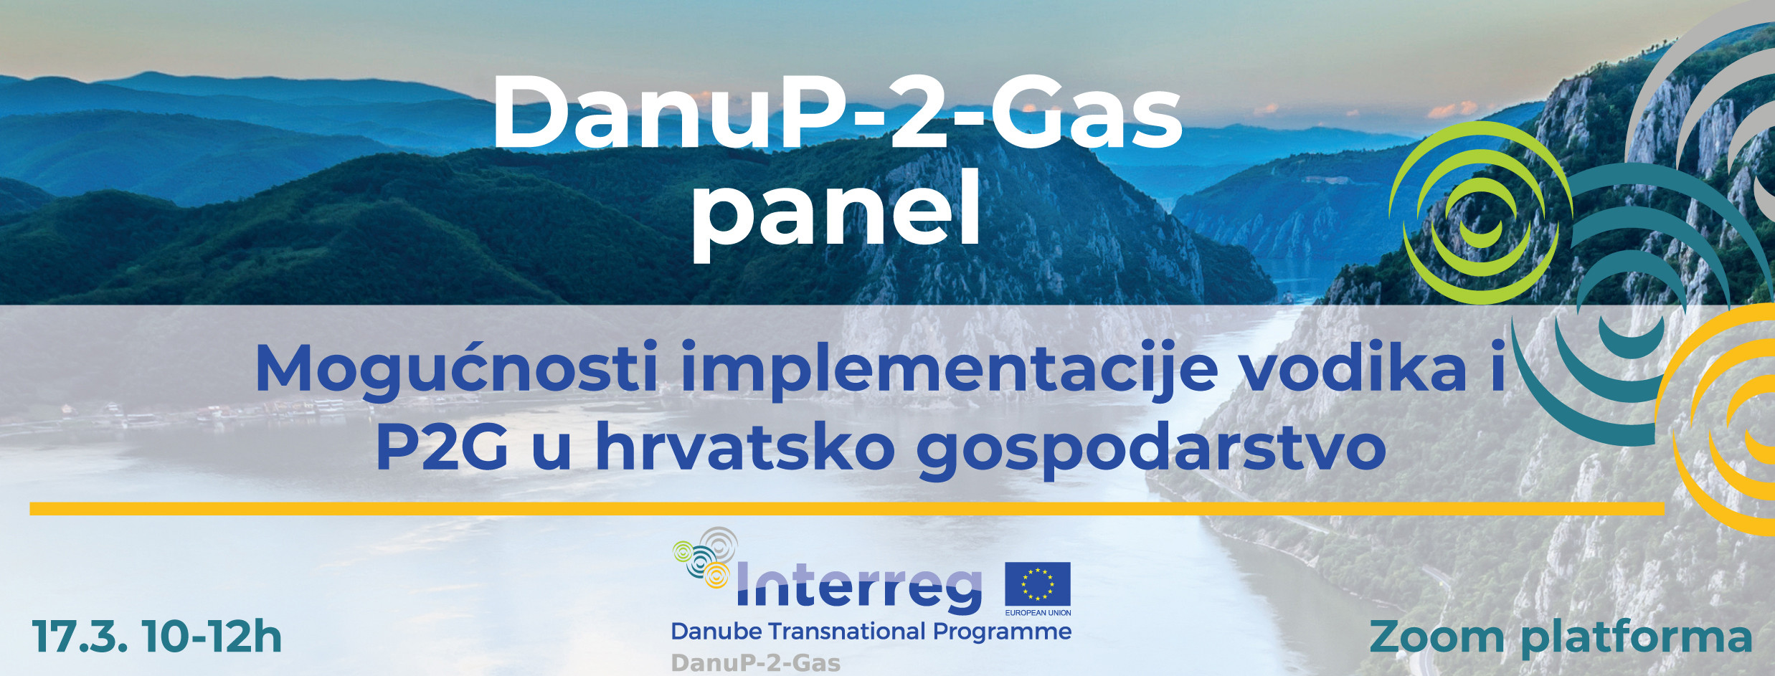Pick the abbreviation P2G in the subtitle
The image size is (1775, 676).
click(442, 447)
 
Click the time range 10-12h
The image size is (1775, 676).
click(212, 637)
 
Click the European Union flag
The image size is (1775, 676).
click(1038, 584)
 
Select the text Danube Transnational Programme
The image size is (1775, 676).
click(871, 632)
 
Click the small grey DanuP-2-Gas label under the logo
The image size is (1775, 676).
click(756, 663)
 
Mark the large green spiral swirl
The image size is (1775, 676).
click(1481, 213)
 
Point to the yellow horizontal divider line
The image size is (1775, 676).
click(847, 510)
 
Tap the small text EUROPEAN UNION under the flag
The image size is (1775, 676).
click(1038, 613)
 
